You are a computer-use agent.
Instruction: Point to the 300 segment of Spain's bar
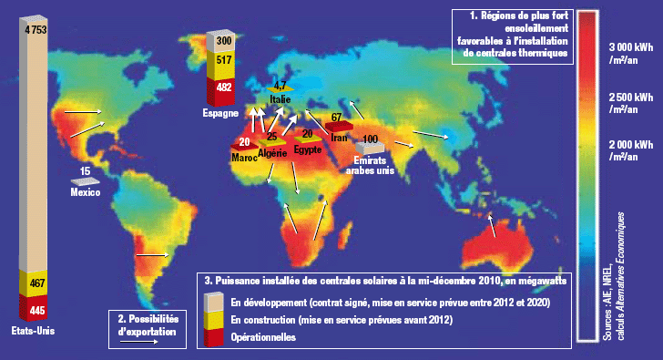tap(222, 42)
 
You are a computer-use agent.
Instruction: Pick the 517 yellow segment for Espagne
tap(222, 65)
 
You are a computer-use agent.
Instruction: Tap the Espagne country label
tap(220, 113)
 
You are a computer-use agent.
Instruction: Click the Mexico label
tap(86, 192)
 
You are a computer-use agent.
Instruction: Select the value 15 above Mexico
tap(85, 171)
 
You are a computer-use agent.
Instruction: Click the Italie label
tap(280, 98)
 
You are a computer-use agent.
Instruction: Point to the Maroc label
tap(244, 157)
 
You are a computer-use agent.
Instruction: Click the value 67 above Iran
tap(336, 118)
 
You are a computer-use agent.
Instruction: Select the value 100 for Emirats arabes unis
tap(371, 139)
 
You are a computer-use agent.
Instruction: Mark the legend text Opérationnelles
tap(264, 337)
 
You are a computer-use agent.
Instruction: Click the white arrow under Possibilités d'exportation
tap(147, 344)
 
